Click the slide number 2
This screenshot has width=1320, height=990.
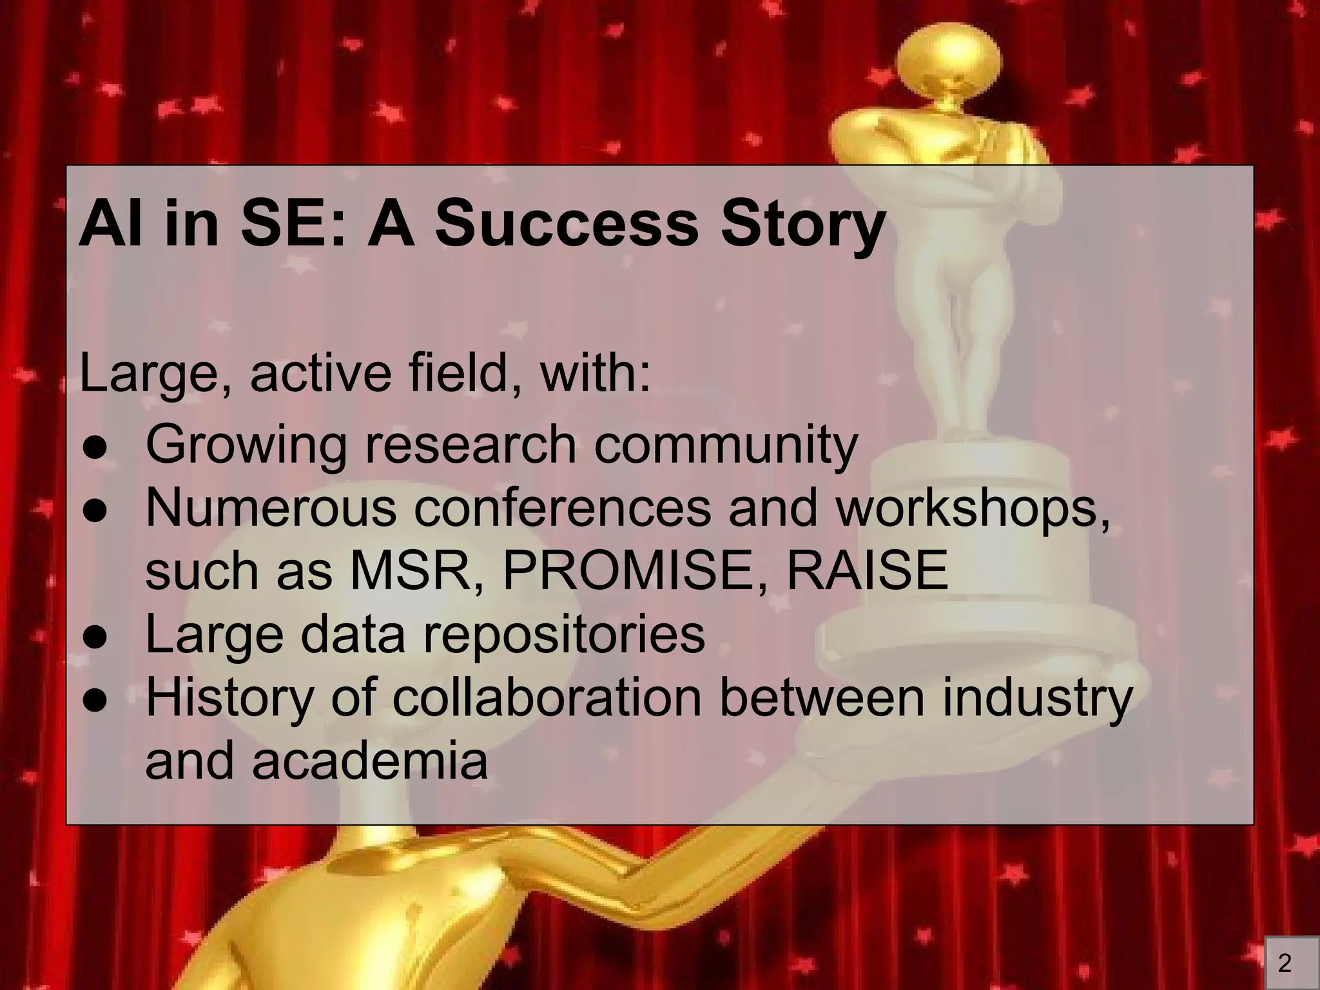point(1285,964)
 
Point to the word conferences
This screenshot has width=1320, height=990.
point(561,507)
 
